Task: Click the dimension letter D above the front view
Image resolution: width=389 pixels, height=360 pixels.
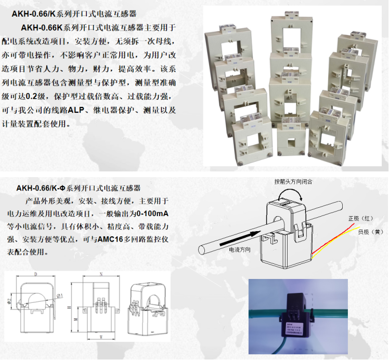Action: (x=35, y=274)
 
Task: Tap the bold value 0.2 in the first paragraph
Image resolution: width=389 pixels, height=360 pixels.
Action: (x=33, y=97)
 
